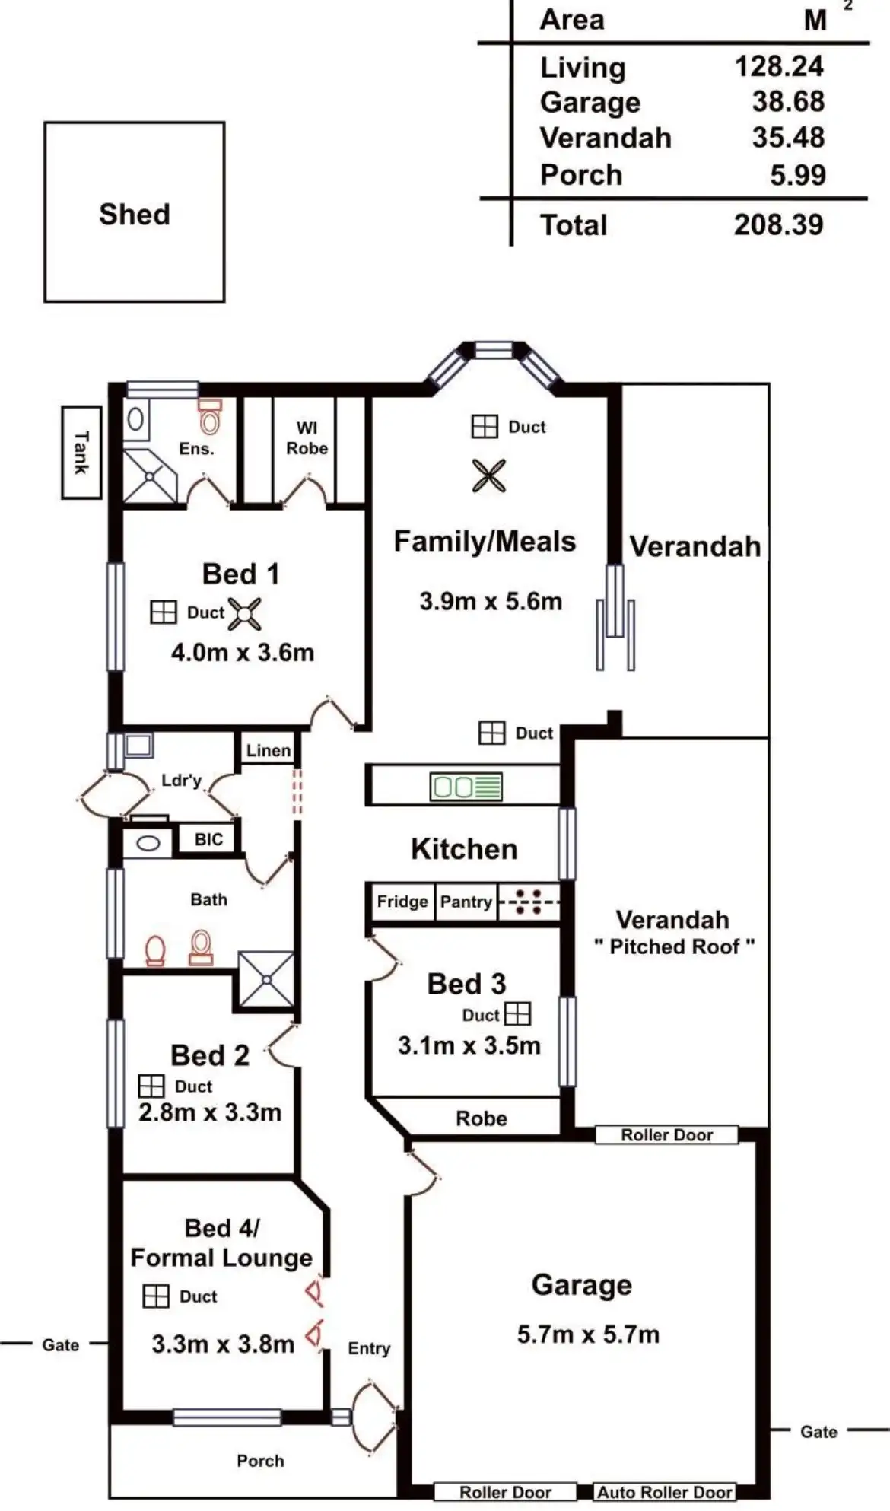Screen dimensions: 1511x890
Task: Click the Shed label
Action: (135, 214)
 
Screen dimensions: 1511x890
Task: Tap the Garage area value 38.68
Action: (788, 101)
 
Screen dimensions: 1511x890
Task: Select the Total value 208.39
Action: (778, 224)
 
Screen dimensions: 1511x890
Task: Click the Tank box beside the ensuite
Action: (81, 452)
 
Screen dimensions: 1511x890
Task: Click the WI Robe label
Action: (307, 438)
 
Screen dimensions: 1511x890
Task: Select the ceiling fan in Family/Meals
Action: (488, 476)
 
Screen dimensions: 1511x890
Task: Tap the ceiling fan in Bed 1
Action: (244, 614)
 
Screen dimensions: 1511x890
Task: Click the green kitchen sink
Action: (466, 786)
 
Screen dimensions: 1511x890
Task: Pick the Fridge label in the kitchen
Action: (402, 902)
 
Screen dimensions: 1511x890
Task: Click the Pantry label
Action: (466, 902)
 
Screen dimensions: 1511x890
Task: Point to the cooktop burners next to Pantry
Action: (527, 902)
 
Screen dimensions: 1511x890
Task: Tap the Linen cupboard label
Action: (268, 750)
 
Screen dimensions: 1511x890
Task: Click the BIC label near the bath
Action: (208, 839)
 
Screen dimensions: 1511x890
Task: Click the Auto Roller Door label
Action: (665, 1492)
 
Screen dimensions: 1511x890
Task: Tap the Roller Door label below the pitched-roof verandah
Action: (666, 1134)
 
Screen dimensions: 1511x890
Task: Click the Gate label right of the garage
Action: (818, 1431)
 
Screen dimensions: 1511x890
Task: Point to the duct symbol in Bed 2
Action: (151, 1086)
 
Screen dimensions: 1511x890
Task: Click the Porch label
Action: (260, 1460)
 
